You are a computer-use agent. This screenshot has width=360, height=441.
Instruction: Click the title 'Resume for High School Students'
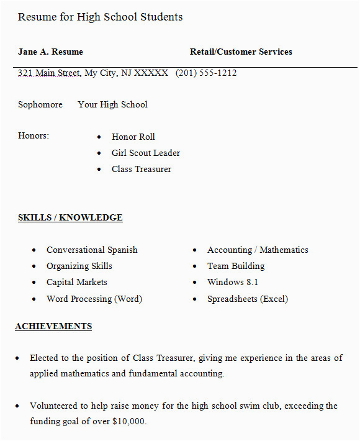(x=100, y=17)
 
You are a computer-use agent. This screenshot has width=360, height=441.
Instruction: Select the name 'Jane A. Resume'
(x=50, y=52)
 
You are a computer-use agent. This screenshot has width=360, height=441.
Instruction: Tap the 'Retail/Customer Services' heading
(x=241, y=52)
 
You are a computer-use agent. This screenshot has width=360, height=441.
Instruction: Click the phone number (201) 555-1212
(x=206, y=73)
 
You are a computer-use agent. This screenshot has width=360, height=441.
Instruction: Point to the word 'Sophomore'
(x=40, y=104)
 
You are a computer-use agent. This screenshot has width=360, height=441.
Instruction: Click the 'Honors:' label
(x=34, y=135)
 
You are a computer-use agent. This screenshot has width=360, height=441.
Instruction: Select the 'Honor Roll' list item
(x=133, y=137)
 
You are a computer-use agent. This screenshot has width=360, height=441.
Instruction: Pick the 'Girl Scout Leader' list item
(x=145, y=153)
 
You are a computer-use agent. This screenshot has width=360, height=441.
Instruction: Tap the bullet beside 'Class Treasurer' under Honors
(x=99, y=170)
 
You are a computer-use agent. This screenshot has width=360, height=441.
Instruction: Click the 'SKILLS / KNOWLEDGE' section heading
(x=70, y=217)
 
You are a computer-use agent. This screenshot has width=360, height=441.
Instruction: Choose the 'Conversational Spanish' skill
(x=92, y=250)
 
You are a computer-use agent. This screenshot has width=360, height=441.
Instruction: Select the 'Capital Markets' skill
(x=77, y=282)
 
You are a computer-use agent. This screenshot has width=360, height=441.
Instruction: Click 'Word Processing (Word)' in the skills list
(x=94, y=299)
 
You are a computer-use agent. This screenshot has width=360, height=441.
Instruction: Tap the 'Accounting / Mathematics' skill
(x=258, y=250)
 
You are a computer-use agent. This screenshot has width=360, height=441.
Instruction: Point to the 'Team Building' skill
(x=236, y=266)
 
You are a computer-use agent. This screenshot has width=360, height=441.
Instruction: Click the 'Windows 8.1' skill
(x=233, y=282)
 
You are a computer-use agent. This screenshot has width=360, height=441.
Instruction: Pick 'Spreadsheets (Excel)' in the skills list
(x=248, y=299)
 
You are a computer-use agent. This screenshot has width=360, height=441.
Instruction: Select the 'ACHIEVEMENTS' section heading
(x=53, y=326)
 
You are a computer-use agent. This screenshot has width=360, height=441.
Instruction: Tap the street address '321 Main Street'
(x=48, y=73)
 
